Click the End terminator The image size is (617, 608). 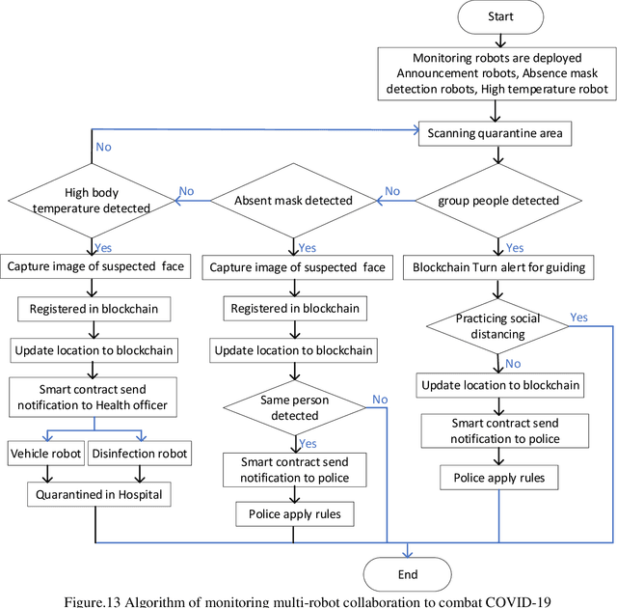click(x=408, y=574)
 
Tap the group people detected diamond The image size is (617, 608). click(x=497, y=202)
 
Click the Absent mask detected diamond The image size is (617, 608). click(x=294, y=202)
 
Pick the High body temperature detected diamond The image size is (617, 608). click(x=93, y=200)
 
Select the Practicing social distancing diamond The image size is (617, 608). click(x=497, y=326)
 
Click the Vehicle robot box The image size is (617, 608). click(x=46, y=454)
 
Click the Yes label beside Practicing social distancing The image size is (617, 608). click(x=578, y=318)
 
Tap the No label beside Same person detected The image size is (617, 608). click(x=380, y=400)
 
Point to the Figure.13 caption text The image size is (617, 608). click(x=307, y=600)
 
